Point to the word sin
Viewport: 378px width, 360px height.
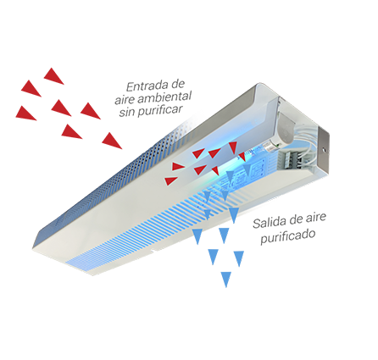(x=126, y=113)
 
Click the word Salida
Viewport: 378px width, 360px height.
(x=269, y=222)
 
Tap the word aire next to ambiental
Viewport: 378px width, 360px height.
(x=125, y=100)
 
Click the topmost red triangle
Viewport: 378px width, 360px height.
(x=53, y=76)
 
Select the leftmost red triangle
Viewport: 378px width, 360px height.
(x=25, y=113)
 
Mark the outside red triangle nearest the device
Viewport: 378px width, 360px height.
(x=111, y=141)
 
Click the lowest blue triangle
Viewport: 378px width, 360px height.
(x=226, y=279)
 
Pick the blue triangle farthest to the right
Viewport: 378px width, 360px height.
(x=239, y=258)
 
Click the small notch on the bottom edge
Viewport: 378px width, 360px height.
(x=153, y=251)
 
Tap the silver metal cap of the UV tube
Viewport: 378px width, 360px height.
(x=270, y=146)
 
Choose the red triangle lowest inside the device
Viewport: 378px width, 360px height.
(x=170, y=180)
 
